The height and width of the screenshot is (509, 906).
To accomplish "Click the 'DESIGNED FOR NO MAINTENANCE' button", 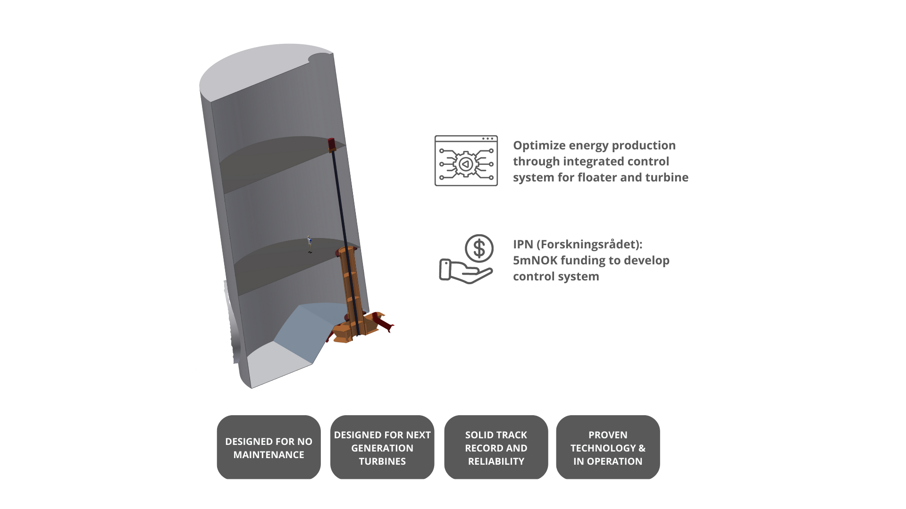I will [x=268, y=447].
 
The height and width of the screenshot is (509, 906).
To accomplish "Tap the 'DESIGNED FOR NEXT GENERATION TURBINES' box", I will [x=382, y=447].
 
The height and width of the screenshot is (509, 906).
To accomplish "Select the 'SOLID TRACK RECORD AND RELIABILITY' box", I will [x=496, y=447].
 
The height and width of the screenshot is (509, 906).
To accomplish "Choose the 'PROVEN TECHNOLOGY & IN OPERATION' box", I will [x=608, y=447].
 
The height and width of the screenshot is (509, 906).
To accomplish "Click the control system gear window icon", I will [x=466, y=161].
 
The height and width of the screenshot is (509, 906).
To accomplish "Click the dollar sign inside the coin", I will [x=479, y=248].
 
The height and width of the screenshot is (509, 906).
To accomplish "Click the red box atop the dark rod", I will [x=332, y=144].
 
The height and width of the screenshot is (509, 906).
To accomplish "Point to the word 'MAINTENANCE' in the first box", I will [x=268, y=455].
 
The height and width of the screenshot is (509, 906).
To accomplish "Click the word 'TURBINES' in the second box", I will [x=382, y=461].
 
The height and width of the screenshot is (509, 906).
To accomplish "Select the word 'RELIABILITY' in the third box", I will [x=496, y=461].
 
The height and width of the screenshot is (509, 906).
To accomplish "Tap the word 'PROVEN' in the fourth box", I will [x=608, y=435].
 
